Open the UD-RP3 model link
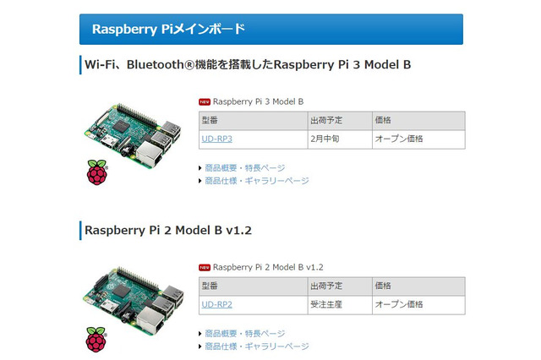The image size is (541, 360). point(216,139)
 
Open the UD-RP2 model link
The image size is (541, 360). point(216,303)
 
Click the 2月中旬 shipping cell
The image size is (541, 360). point(326,139)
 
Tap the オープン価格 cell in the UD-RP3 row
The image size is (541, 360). point(399,139)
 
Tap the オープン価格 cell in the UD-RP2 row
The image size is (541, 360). point(399,303)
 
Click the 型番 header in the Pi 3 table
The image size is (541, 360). point(210,120)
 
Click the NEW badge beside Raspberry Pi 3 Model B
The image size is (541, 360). point(205,101)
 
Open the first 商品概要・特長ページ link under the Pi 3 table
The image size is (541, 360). point(245,167)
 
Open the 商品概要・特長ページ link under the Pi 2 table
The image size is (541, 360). point(245,333)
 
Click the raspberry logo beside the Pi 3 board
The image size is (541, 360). point(98,172)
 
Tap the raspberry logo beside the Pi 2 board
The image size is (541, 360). point(97,338)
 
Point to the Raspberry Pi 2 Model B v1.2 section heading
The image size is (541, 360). point(169,230)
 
